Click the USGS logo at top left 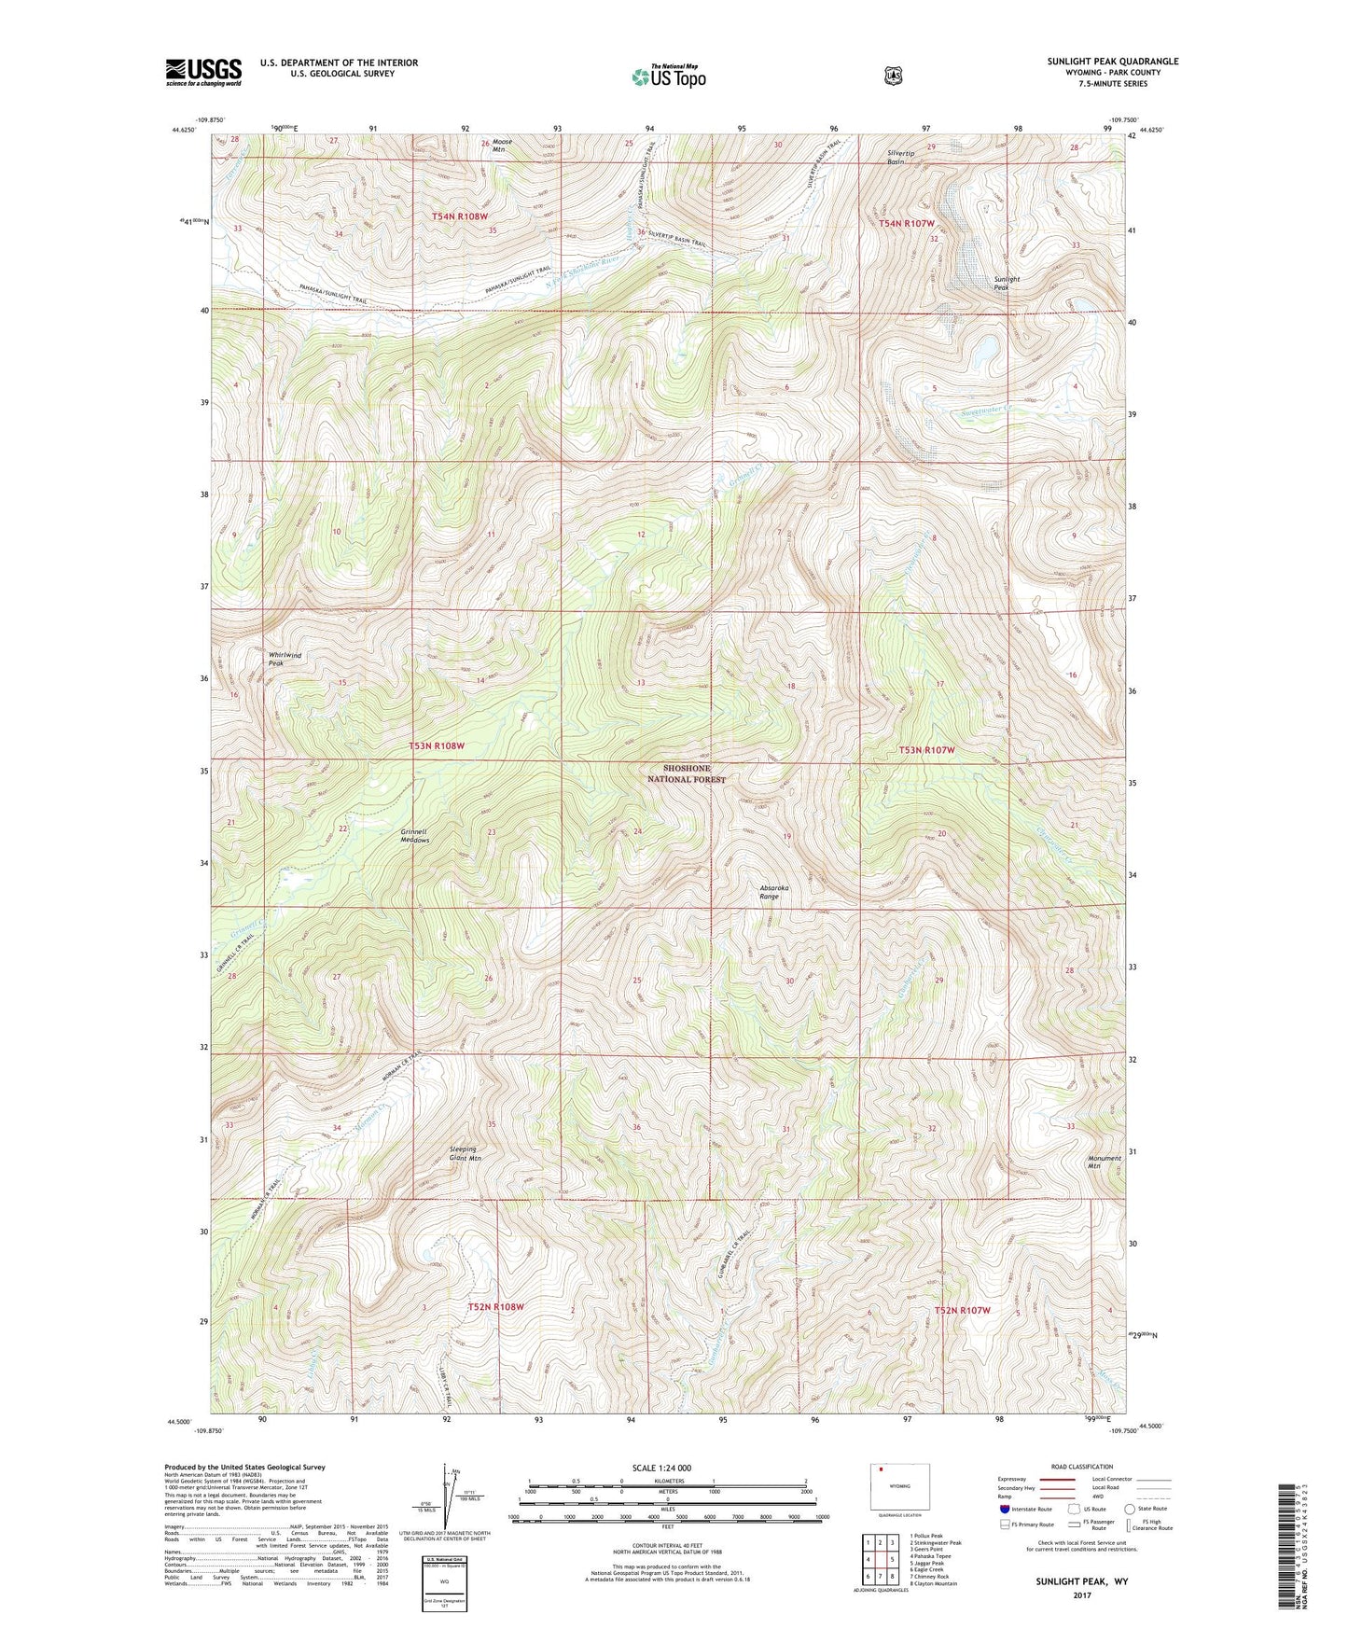203,72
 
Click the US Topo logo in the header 668,77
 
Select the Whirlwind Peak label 285,659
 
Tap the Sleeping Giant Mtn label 465,1153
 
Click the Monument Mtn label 1105,1162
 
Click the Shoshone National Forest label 687,773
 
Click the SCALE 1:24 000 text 661,1468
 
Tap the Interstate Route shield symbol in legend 1004,1509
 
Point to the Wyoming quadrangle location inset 900,1484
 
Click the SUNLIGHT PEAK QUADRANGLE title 1112,62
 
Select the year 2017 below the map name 1081,1594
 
